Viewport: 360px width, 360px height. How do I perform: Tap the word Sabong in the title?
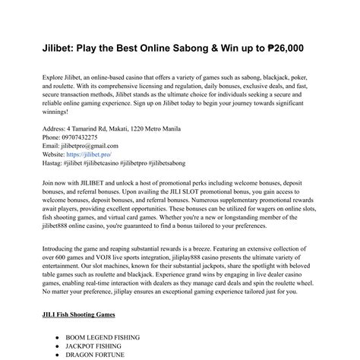pyautogui.click(x=203, y=48)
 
